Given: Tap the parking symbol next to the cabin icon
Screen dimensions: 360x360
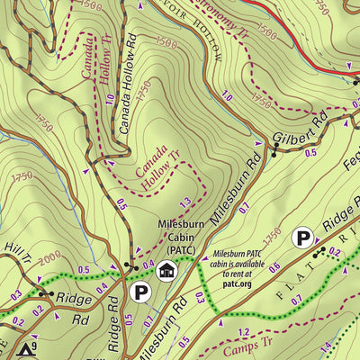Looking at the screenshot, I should [x=139, y=291].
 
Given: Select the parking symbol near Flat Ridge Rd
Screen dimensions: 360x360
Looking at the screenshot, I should [x=304, y=238].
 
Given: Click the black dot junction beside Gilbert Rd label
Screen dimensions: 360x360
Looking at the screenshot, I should [x=274, y=143].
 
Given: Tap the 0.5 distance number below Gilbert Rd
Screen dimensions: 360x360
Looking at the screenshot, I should [x=310, y=153].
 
